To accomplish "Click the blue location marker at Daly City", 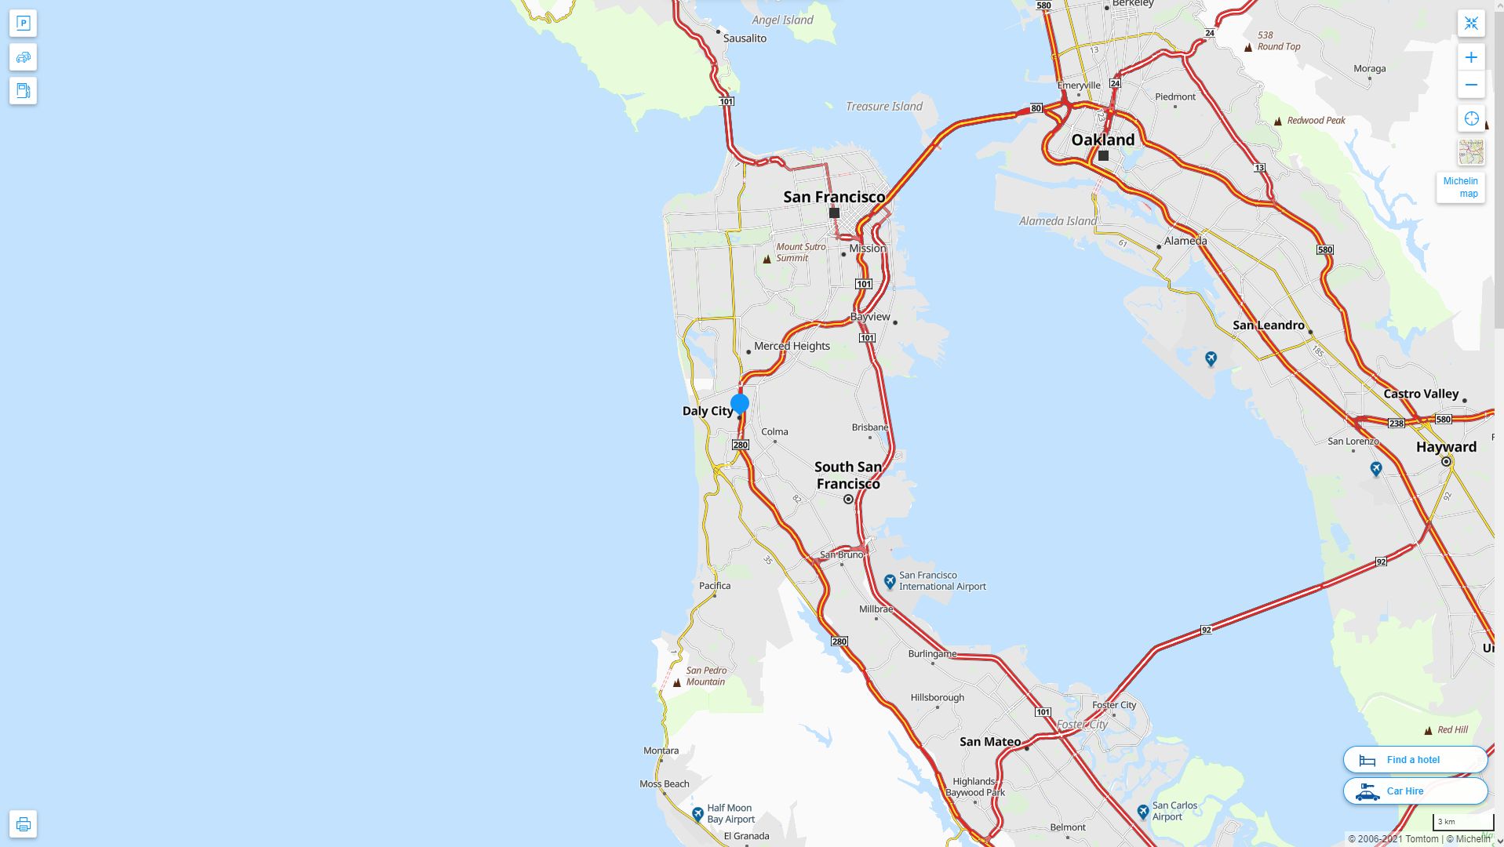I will click(739, 404).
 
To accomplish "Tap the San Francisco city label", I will click(834, 197).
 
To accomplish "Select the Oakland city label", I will click(1102, 140).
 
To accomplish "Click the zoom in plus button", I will click(1471, 57).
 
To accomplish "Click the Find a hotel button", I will click(1415, 759).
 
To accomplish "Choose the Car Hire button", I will click(1415, 791).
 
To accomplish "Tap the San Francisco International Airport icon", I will click(890, 581).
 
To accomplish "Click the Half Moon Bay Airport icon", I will click(697, 814).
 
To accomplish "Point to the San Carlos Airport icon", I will click(1143, 811).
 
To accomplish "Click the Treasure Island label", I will click(883, 107).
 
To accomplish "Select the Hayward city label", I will click(1446, 447).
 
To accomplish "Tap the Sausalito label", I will click(745, 38).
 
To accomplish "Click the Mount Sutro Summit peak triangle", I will click(767, 259).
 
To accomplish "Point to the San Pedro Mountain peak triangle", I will click(677, 682).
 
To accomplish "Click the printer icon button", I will click(23, 824).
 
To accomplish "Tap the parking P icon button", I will click(23, 24).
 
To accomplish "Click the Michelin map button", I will click(1460, 187).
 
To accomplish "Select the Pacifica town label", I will click(715, 586).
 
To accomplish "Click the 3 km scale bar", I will click(1462, 822).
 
